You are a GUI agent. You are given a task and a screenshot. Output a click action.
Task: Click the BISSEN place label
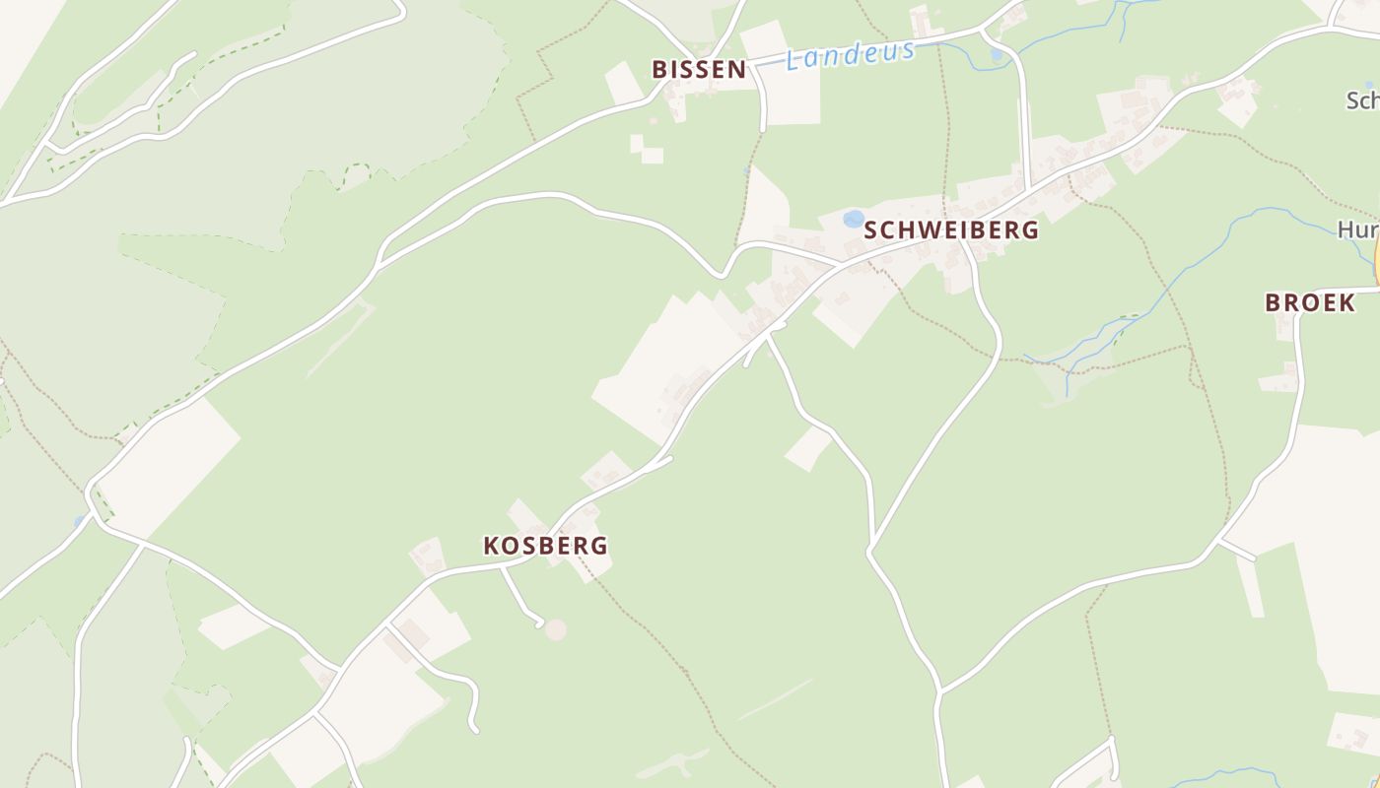(698, 69)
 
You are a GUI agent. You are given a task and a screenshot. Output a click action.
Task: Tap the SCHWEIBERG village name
(950, 230)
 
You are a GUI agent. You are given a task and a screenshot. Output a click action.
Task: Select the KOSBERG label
(545, 546)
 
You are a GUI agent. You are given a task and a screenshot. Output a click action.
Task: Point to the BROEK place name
(1310, 303)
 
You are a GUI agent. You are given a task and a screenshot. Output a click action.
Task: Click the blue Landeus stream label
(851, 54)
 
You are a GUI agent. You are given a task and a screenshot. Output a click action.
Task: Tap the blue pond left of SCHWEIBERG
(854, 219)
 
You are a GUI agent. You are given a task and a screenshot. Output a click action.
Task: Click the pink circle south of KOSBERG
(556, 629)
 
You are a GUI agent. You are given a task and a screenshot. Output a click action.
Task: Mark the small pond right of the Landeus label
(997, 56)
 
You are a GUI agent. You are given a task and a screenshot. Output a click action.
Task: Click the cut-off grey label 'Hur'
(1357, 230)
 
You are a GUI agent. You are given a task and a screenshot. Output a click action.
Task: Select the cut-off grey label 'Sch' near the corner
(1362, 100)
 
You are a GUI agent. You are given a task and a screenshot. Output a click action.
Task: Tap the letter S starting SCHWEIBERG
(870, 230)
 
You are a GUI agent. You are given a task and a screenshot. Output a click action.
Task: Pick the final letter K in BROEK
(1347, 303)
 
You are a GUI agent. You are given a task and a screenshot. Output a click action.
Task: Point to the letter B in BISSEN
(658, 69)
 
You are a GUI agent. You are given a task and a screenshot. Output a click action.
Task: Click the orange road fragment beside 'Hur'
(1375, 264)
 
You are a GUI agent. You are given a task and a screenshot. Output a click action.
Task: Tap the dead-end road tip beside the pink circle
(539, 623)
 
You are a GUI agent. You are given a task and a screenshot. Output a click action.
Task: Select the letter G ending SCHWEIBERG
(1031, 230)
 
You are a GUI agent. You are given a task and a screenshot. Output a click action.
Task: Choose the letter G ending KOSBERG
(599, 546)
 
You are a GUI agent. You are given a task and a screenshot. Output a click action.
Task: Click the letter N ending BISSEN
(737, 69)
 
